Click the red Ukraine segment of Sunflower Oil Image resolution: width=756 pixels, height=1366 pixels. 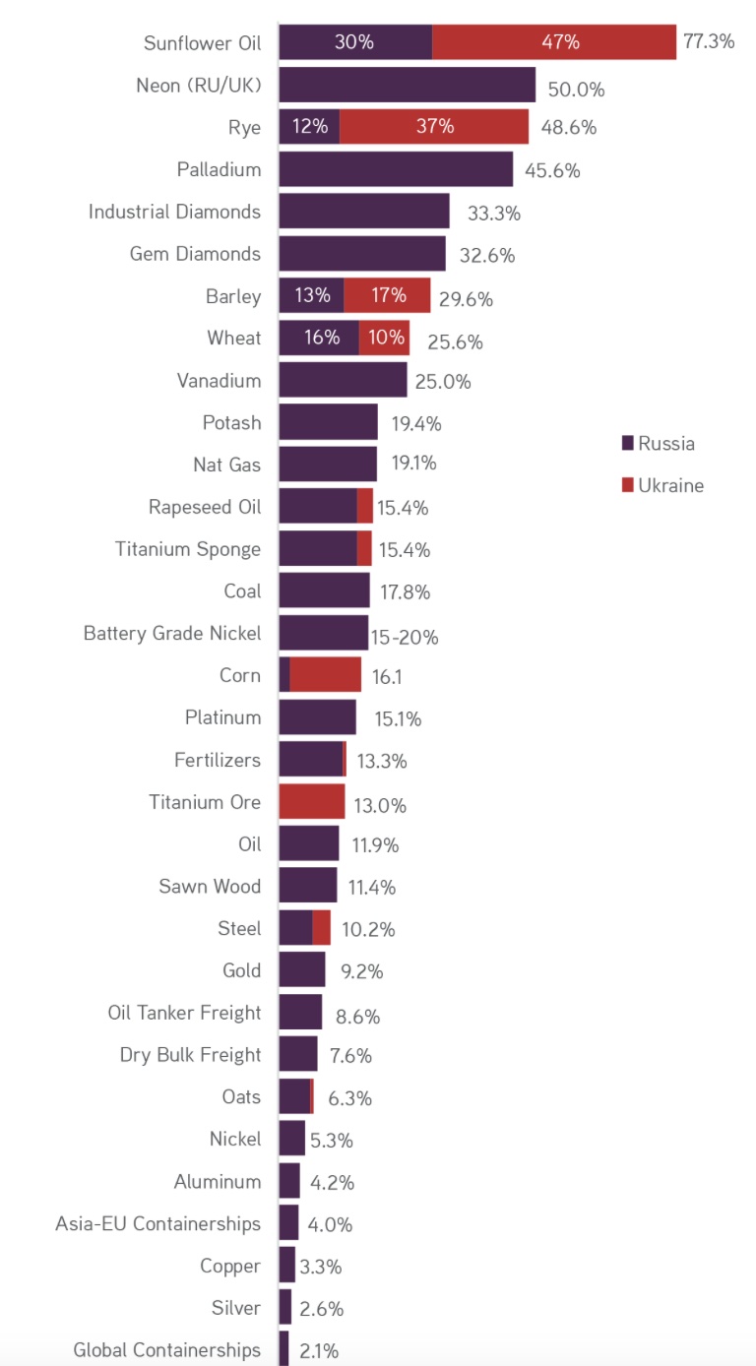(554, 42)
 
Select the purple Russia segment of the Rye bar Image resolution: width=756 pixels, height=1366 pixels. (309, 127)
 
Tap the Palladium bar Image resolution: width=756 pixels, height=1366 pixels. (396, 169)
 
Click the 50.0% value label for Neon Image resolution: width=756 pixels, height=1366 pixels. (576, 89)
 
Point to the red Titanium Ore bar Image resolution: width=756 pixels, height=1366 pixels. (312, 802)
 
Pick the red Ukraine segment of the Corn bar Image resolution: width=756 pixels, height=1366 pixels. (326, 675)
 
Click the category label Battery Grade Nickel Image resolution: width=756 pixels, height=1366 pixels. (172, 634)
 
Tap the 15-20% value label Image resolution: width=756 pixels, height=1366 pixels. (405, 638)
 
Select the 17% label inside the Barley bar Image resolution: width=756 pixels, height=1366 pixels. (388, 295)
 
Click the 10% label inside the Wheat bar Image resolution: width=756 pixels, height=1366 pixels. (384, 338)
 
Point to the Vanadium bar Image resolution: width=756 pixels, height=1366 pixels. (343, 380)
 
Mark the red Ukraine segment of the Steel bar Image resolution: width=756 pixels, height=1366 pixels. (322, 928)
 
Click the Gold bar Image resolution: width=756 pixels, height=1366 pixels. (302, 970)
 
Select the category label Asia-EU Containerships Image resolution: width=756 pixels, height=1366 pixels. (158, 1223)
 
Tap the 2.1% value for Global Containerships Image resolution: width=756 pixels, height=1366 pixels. (319, 1351)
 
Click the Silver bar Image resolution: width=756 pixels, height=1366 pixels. (285, 1308)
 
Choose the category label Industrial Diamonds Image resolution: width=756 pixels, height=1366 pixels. (174, 212)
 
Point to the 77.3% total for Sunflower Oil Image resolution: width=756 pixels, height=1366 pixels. (709, 42)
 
